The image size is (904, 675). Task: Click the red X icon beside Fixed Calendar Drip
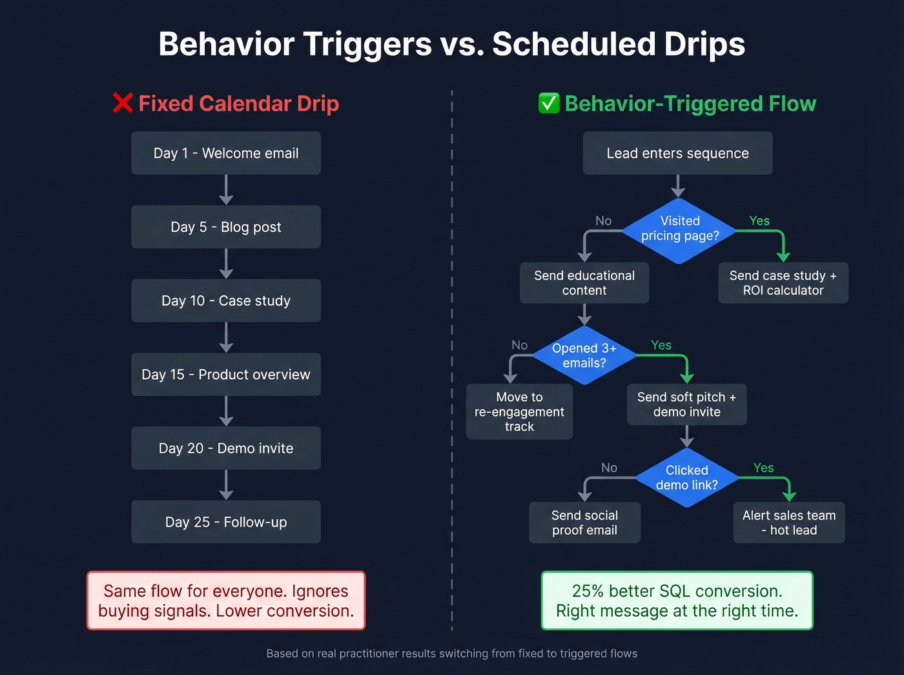coord(123,103)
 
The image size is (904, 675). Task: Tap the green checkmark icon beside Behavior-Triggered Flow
coord(549,103)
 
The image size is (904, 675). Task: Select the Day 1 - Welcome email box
coord(226,153)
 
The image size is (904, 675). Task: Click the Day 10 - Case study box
coord(226,300)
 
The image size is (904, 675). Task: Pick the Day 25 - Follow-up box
coord(226,522)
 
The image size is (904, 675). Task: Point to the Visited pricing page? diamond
coord(679,229)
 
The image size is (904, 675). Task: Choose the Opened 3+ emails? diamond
coord(584,356)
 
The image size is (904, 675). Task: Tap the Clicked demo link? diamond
coord(686,478)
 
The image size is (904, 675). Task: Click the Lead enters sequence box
coord(677,153)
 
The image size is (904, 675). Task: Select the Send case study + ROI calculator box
coord(783,283)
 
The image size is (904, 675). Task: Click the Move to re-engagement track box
coord(519,411)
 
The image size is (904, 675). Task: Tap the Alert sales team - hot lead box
coord(788,523)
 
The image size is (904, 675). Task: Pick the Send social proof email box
coord(584,523)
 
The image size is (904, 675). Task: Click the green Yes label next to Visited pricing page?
coord(759,221)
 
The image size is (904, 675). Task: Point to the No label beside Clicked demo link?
coord(609,468)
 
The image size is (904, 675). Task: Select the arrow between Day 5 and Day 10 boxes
coord(226,264)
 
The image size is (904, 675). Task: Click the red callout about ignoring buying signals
coord(226,601)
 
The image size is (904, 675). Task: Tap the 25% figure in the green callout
coord(588,591)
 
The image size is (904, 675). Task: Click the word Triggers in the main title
coord(367,44)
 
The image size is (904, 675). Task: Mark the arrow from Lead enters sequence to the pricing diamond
coord(678,186)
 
